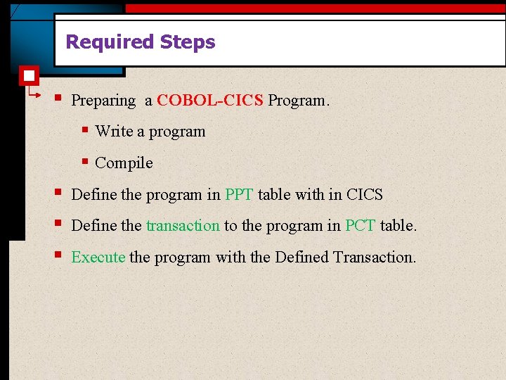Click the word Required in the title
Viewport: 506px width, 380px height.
110,42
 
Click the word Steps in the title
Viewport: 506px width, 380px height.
188,42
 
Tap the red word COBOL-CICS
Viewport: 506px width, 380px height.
210,101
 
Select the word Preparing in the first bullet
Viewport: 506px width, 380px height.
103,101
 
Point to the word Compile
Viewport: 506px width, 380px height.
124,163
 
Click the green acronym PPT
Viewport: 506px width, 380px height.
239,195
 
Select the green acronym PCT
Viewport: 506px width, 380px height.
361,226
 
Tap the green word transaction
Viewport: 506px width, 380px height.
183,226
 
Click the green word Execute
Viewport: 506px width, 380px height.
98,258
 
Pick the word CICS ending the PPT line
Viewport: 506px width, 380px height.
365,195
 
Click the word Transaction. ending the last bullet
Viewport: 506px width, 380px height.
375,258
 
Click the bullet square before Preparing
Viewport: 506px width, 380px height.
57,98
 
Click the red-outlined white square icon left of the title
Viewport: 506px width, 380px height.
30,75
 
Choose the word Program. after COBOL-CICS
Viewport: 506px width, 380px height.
298,101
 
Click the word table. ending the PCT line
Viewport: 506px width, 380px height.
398,226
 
